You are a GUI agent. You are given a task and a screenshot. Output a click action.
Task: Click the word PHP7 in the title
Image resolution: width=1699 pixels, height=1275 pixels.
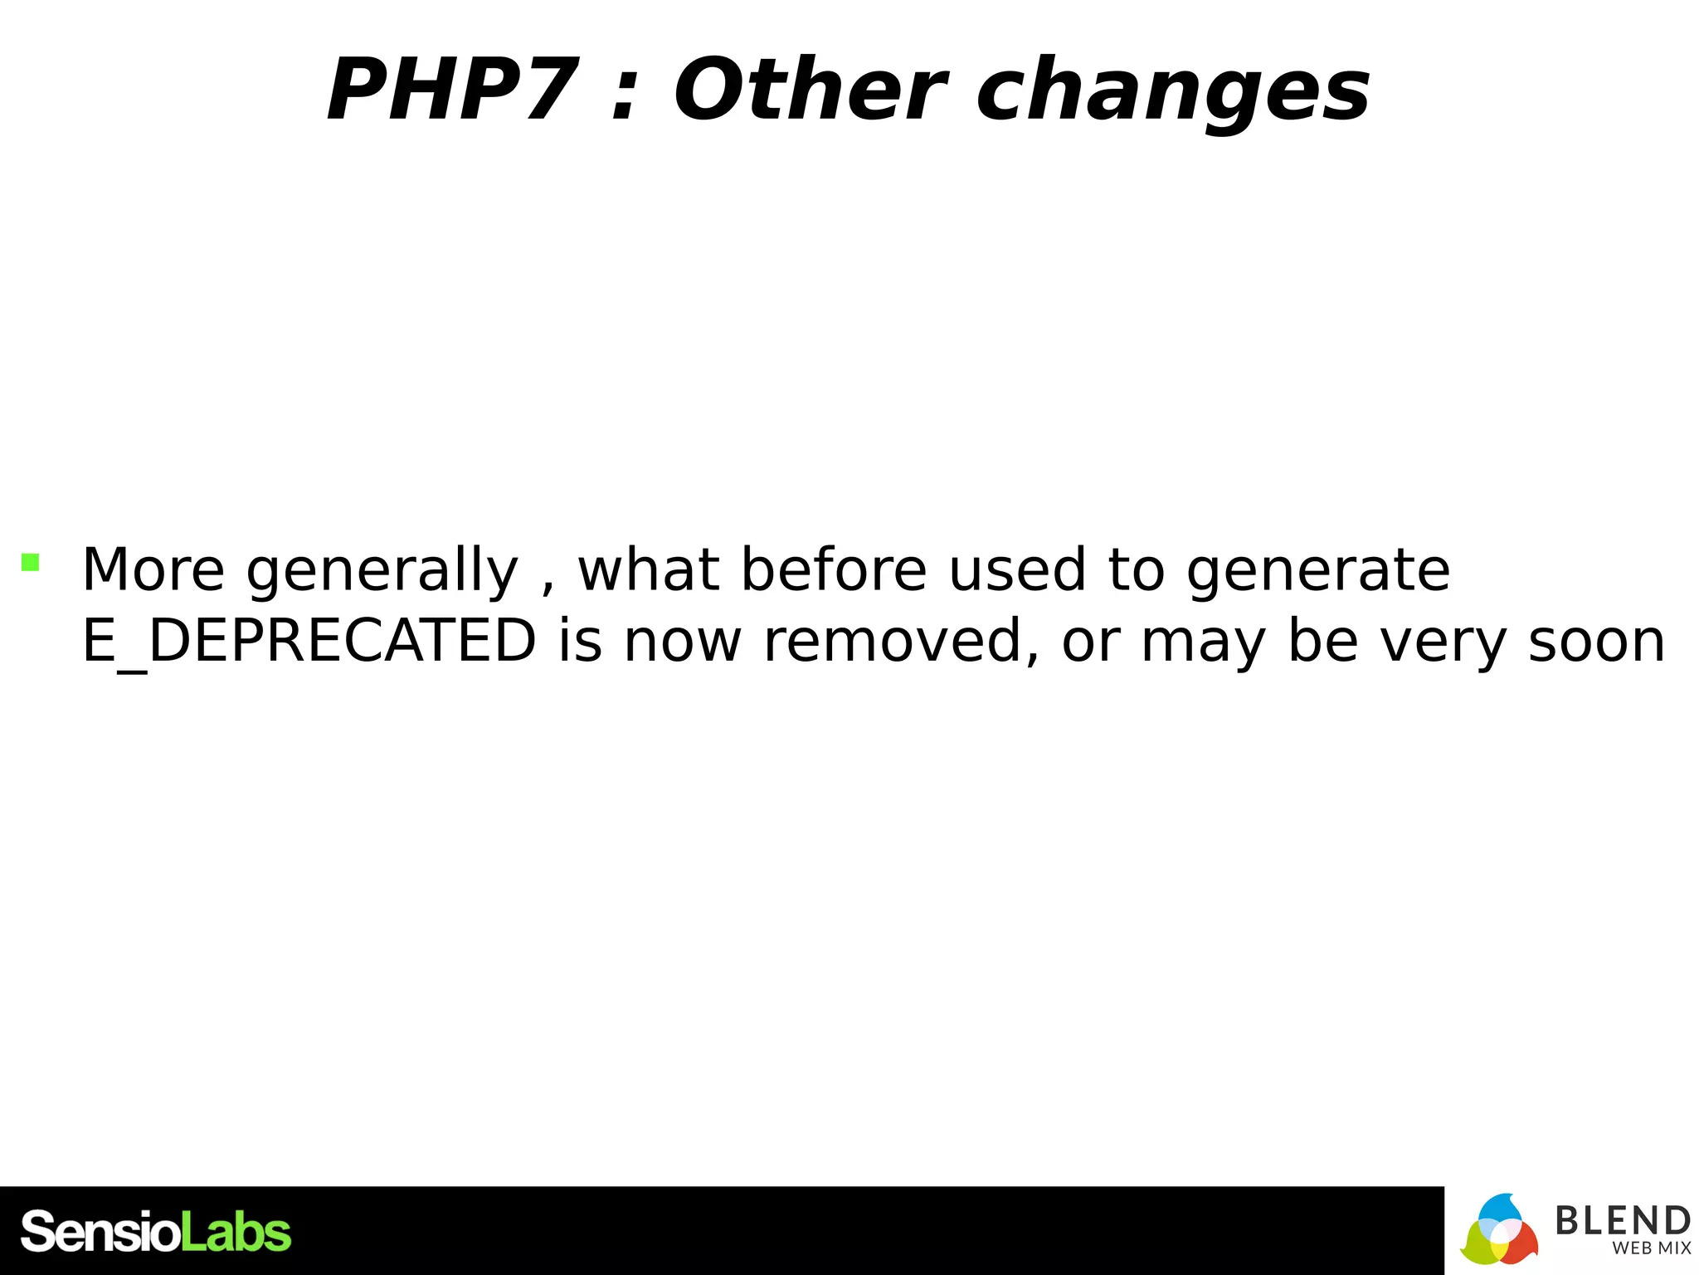click(x=452, y=90)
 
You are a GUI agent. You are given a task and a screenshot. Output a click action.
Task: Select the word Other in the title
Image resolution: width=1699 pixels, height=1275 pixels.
click(x=809, y=90)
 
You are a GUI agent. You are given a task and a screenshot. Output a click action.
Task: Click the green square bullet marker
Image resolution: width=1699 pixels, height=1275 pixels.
click(x=31, y=563)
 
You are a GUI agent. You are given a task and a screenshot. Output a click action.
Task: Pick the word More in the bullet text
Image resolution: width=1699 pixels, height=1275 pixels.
click(x=153, y=570)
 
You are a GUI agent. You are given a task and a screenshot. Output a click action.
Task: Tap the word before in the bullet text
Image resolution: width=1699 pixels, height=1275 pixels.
click(x=834, y=570)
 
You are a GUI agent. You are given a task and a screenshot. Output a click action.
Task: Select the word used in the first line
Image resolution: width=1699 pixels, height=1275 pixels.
click(x=1018, y=570)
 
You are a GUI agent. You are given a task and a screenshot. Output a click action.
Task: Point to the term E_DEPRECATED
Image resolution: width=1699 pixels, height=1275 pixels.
click(x=309, y=642)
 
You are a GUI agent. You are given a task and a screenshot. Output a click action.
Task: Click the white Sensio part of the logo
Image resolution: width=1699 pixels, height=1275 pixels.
click(x=100, y=1232)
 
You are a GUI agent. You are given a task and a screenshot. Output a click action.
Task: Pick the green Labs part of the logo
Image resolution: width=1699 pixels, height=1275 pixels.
click(x=236, y=1232)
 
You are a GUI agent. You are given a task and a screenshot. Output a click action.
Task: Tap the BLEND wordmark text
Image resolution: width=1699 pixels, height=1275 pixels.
click(x=1622, y=1221)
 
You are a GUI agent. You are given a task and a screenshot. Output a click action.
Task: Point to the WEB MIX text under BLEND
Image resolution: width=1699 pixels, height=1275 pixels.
click(x=1651, y=1248)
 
